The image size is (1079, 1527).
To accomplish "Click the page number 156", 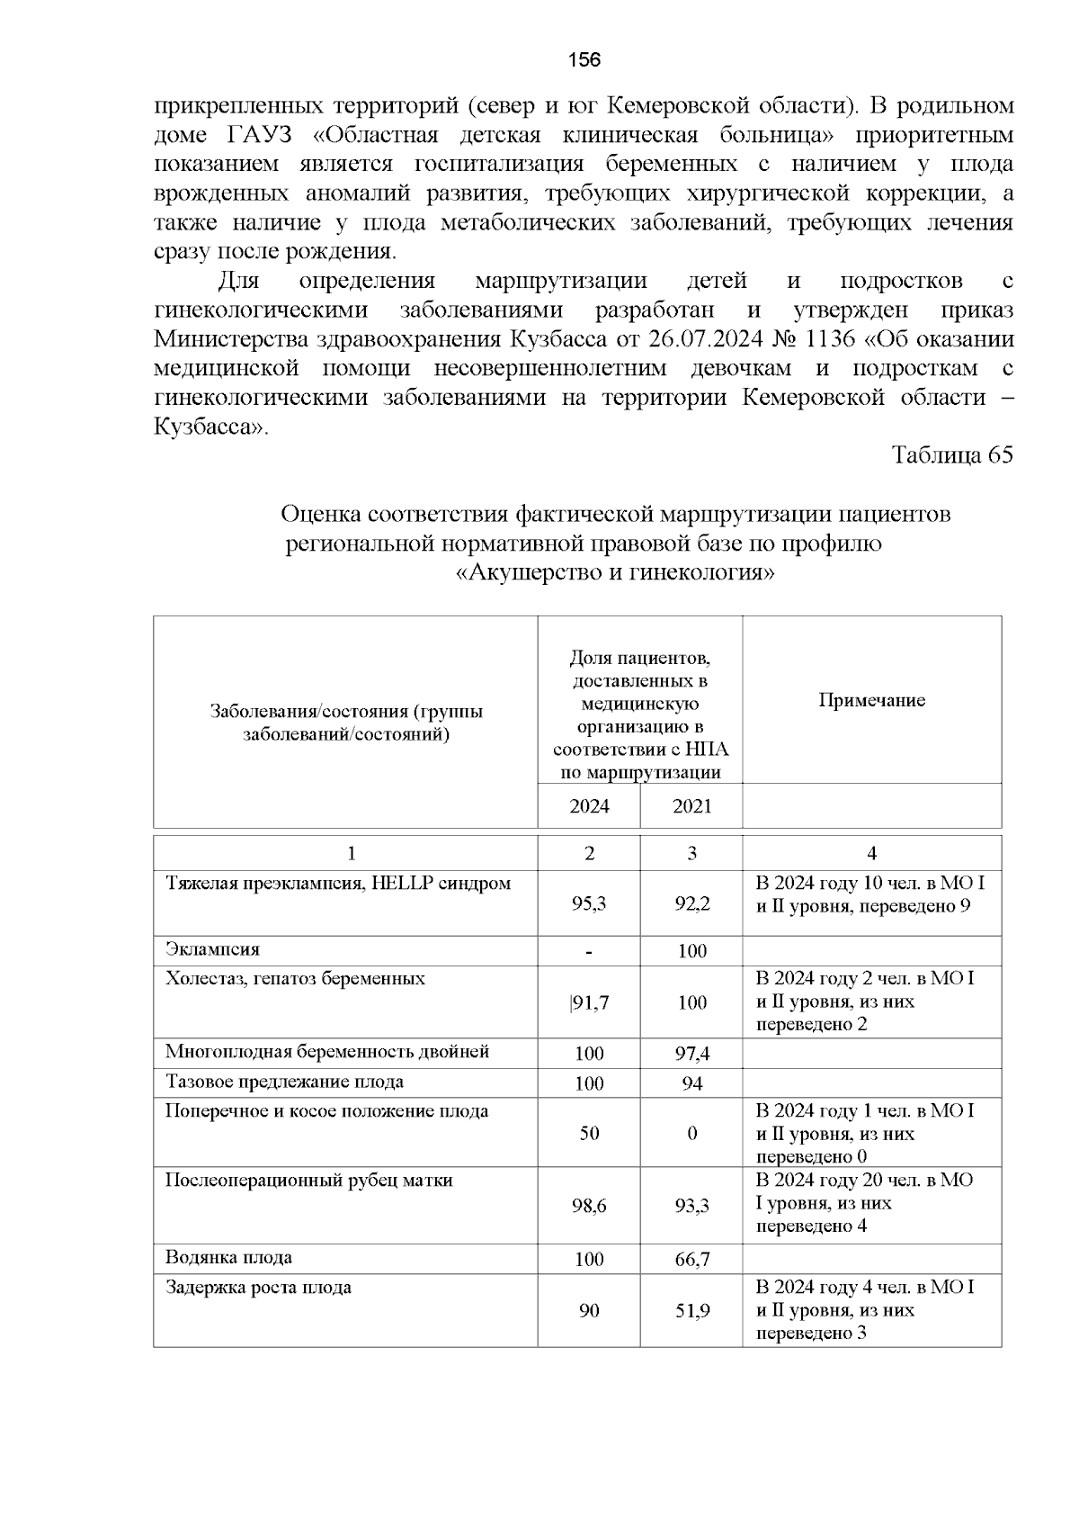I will pos(584,60).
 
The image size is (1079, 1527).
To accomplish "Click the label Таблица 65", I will pos(951,454).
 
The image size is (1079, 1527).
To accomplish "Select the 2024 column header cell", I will pos(589,806).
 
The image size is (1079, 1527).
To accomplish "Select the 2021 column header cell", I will pos(691,806).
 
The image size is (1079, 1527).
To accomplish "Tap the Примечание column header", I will pos(871,701).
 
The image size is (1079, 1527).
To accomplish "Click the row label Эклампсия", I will pos(212,949).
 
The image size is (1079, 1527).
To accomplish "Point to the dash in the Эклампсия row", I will pos(589,951).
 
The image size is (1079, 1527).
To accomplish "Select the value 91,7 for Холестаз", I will pos(590,1002).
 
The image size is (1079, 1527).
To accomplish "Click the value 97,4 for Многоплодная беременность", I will pos(692,1054).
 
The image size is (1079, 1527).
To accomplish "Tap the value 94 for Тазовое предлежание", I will pos(692,1083).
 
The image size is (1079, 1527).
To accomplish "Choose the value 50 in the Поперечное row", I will pos(589,1134).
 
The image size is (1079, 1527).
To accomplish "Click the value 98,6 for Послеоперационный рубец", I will pos(589,1206).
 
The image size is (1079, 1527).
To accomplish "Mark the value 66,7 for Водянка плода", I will pos(692,1260).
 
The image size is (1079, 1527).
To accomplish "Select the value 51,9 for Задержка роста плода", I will pos(692,1311).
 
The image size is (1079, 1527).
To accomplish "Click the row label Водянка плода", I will pos(228,1257).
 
